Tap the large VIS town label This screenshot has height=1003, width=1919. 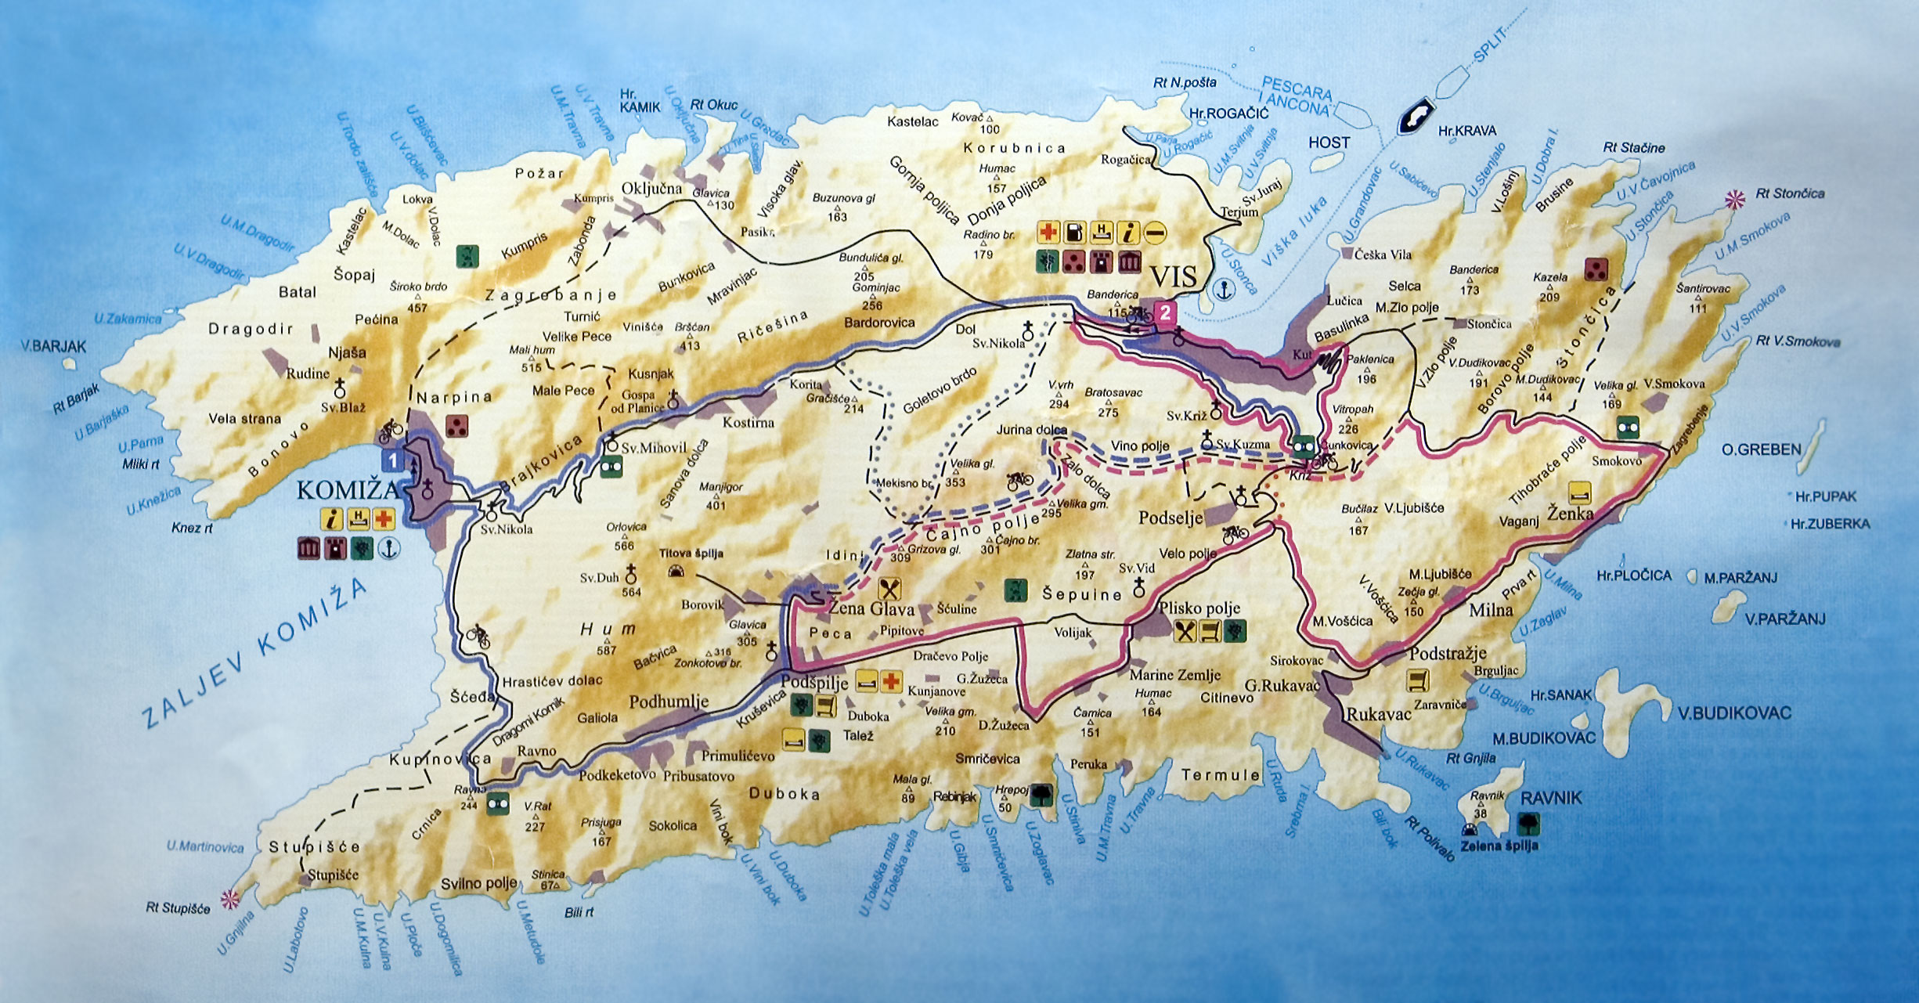(1173, 276)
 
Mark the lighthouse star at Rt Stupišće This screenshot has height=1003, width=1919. (229, 897)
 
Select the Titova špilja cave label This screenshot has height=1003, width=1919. (691, 554)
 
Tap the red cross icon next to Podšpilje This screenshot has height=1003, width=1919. (889, 681)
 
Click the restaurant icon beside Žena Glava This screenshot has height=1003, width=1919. (889, 589)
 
